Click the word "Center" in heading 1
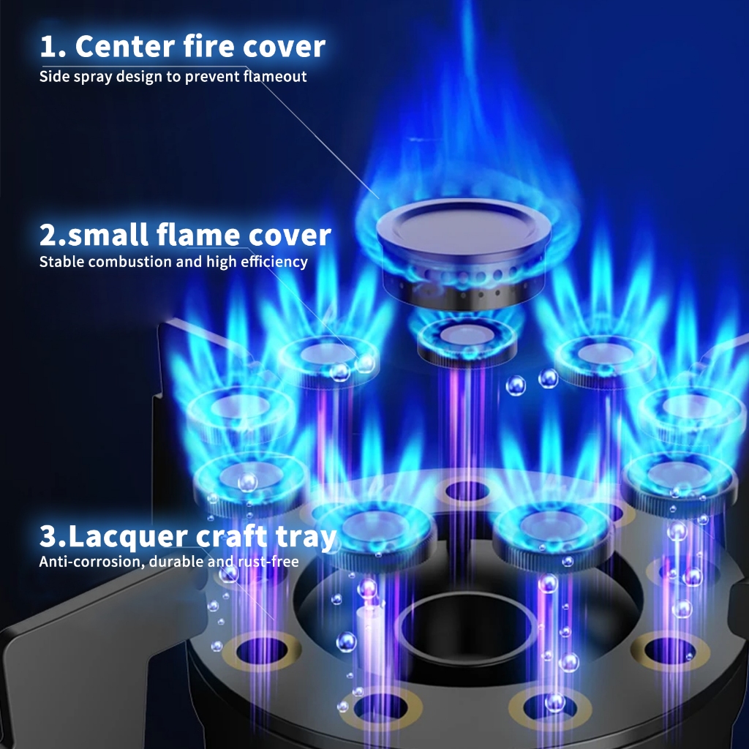(x=124, y=46)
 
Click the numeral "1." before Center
(x=53, y=47)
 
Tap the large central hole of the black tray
(x=466, y=627)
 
